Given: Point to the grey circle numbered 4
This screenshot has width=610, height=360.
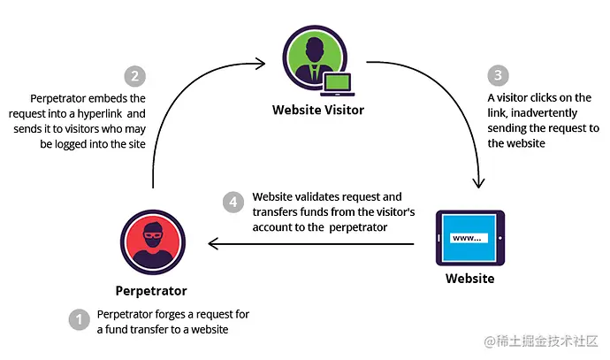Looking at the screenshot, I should click(x=232, y=202).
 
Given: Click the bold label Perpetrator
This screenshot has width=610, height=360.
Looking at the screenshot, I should click(x=151, y=290).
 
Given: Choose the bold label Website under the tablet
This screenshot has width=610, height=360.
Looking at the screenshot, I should click(x=469, y=279).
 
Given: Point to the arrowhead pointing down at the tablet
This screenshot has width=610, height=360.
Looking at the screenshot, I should click(x=478, y=184).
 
